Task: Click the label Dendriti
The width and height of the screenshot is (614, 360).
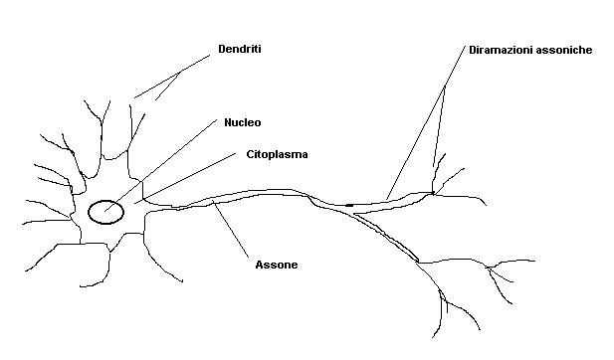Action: (x=239, y=48)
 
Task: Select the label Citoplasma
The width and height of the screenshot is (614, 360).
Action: (x=277, y=155)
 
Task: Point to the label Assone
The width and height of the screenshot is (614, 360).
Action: (x=276, y=266)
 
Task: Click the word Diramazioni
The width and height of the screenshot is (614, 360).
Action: (x=505, y=49)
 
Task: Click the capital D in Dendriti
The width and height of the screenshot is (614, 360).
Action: (x=221, y=48)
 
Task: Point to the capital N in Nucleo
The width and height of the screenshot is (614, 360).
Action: (x=223, y=123)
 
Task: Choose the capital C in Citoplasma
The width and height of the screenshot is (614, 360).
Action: (x=250, y=155)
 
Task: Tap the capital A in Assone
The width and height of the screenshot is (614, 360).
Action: (x=259, y=266)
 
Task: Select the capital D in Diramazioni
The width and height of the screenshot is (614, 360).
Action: (x=472, y=49)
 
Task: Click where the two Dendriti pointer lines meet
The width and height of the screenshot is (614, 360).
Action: (x=180, y=72)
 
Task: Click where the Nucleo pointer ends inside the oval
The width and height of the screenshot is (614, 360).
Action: (x=104, y=210)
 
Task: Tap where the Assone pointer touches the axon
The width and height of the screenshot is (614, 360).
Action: (x=214, y=204)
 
